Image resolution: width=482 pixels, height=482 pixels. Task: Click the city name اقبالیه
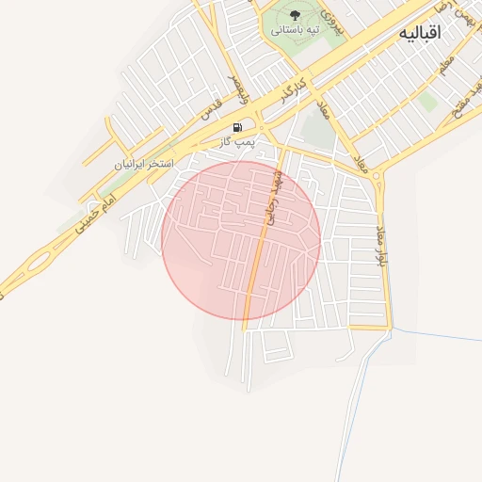click(x=420, y=32)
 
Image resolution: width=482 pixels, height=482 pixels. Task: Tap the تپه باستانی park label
click(x=296, y=30)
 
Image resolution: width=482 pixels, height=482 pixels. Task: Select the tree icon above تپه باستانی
click(x=296, y=14)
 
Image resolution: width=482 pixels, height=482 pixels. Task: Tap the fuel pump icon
click(x=238, y=127)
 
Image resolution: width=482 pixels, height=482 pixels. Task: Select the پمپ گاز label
click(x=238, y=141)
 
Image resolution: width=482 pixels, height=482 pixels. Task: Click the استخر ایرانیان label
click(x=145, y=163)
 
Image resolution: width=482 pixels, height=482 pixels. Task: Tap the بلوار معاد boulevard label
click(x=381, y=245)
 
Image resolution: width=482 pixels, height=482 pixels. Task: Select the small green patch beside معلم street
click(x=428, y=101)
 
